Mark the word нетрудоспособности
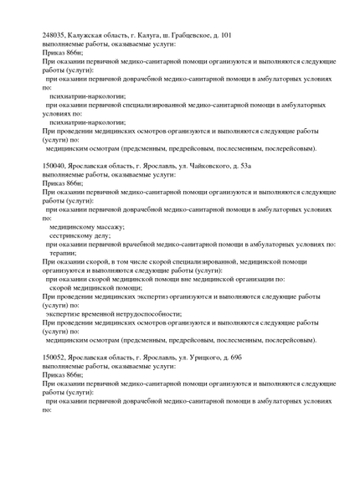(x=131, y=313)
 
